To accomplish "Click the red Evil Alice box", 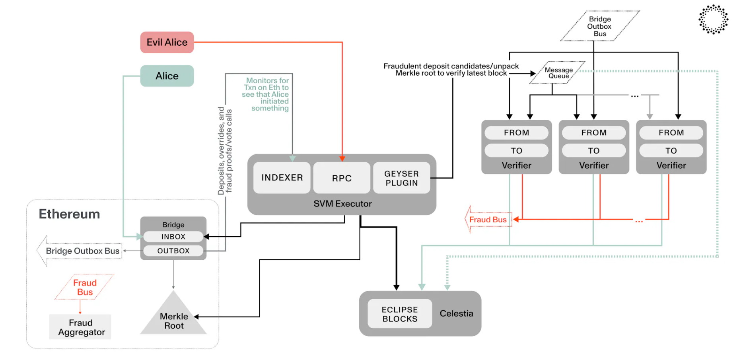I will [x=167, y=42].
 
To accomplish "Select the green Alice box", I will [x=167, y=76].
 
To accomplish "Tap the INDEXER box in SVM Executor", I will [x=282, y=177].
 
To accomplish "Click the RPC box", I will [x=342, y=178].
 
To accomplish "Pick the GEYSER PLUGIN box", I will [x=401, y=178].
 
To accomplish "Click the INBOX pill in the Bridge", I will [x=173, y=236].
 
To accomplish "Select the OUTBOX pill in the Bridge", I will [x=173, y=251].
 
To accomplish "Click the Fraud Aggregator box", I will [x=80, y=327].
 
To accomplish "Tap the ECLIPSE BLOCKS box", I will [x=400, y=314].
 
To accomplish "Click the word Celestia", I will [x=456, y=313].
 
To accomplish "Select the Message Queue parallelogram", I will [x=558, y=72].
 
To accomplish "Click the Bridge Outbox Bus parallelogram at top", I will [x=599, y=26].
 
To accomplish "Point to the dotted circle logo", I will [x=713, y=19].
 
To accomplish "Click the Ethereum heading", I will [x=69, y=214].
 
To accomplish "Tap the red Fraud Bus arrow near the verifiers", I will [x=488, y=220].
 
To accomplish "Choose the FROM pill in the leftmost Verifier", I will [x=516, y=132].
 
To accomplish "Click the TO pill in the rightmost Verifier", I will [x=671, y=150].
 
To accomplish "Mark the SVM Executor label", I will [x=342, y=204].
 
